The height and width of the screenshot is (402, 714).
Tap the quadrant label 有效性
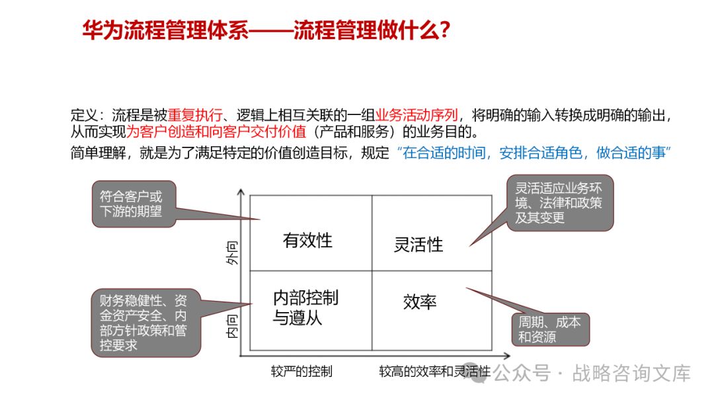pyautogui.click(x=307, y=240)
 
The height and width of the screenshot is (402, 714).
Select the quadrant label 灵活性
pyautogui.click(x=418, y=245)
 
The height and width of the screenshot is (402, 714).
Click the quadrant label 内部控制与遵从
pyautogui.click(x=305, y=307)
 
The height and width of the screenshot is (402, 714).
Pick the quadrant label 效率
pyautogui.click(x=420, y=302)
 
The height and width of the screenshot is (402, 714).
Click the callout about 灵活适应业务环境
pyautogui.click(x=559, y=202)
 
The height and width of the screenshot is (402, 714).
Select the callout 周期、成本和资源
pyautogui.click(x=549, y=329)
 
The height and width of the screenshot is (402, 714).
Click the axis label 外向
pyautogui.click(x=232, y=253)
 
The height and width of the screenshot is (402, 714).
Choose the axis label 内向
pyautogui.click(x=232, y=325)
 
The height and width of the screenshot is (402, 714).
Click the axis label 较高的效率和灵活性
pyautogui.click(x=434, y=371)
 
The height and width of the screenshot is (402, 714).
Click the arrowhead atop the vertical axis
pyautogui.click(x=241, y=193)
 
